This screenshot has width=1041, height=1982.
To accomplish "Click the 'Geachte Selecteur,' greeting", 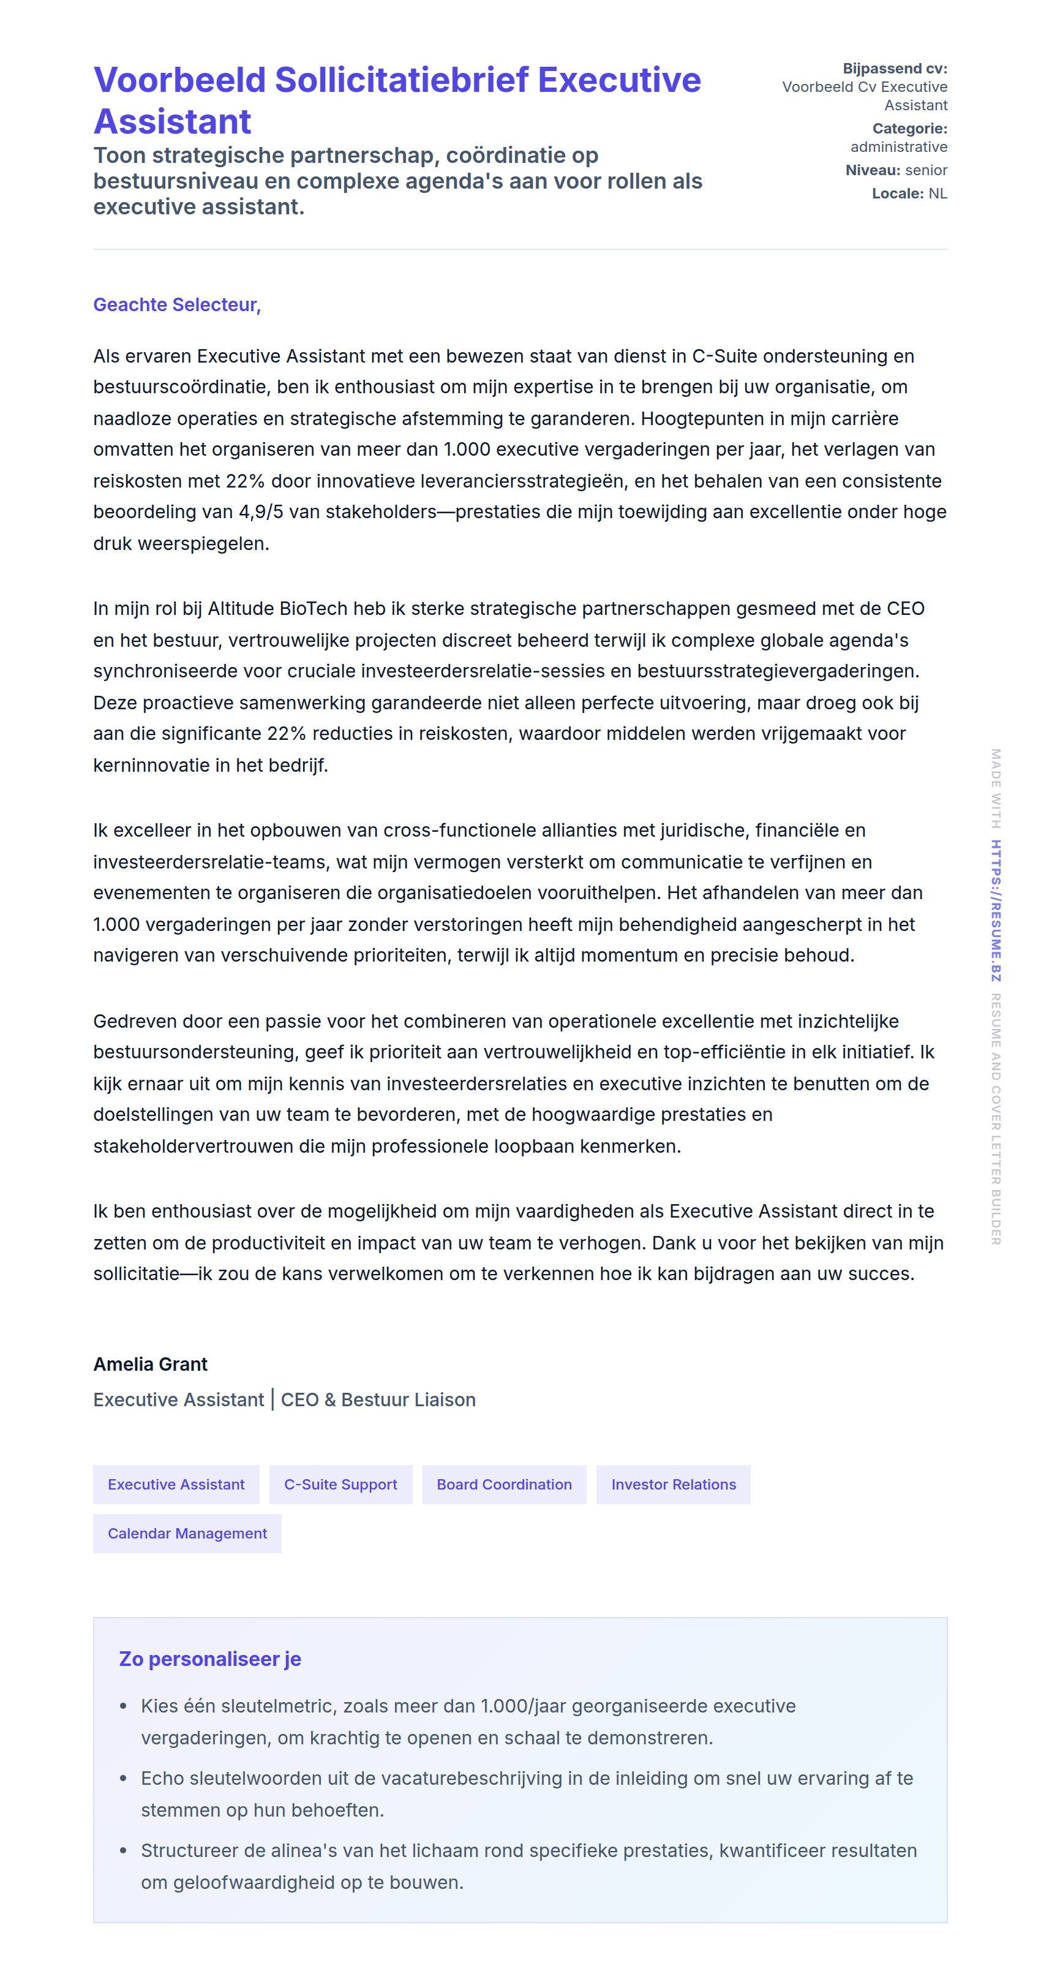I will pyautogui.click(x=177, y=304).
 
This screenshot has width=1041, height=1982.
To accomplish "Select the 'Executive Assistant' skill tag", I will pyautogui.click(x=176, y=1484).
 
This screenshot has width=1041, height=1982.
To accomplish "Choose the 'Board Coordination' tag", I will pyautogui.click(x=504, y=1484).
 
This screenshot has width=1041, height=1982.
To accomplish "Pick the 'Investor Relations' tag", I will pyautogui.click(x=673, y=1484).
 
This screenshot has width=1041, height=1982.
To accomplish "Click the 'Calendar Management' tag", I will pyautogui.click(x=187, y=1534).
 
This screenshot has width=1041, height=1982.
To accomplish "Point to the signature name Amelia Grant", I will pyautogui.click(x=150, y=1364).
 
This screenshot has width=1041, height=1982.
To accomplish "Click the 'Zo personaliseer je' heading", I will pyautogui.click(x=210, y=1659).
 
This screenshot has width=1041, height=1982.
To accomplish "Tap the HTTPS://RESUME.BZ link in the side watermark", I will pyautogui.click(x=996, y=910).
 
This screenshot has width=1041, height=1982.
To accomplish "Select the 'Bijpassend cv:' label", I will pyautogui.click(x=894, y=69).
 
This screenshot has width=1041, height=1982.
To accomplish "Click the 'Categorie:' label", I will pyautogui.click(x=909, y=129).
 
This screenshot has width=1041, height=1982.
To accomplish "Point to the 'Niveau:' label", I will pyautogui.click(x=872, y=170).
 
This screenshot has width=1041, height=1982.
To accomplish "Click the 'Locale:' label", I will pyautogui.click(x=897, y=193).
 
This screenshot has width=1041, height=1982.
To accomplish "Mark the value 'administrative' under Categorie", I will pyautogui.click(x=899, y=147).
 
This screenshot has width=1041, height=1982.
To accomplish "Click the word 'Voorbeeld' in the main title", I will pyautogui.click(x=179, y=80).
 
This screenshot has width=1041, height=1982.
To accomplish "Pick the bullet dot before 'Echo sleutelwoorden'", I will pyautogui.click(x=123, y=1779).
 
